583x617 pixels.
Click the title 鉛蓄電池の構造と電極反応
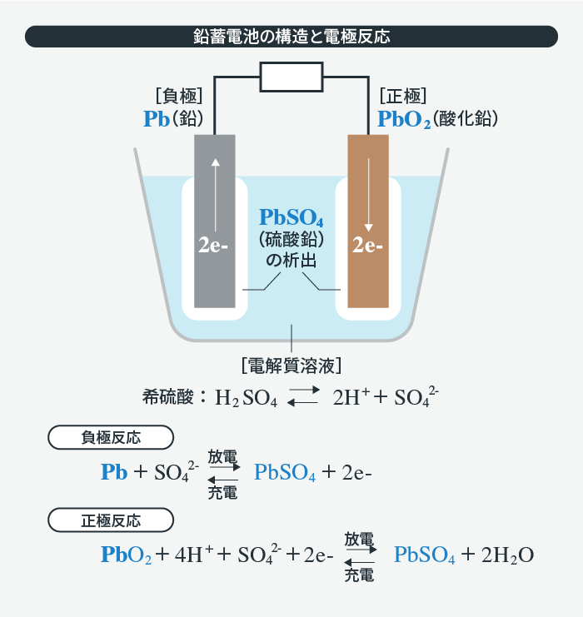291,37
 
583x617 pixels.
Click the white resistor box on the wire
291,78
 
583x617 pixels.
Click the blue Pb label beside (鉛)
156,119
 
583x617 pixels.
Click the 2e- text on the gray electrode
214,246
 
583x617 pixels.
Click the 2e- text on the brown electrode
367,246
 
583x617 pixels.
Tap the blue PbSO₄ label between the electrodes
291,218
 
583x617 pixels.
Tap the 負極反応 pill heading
111,437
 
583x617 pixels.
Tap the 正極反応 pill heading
111,521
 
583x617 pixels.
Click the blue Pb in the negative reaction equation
114,472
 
